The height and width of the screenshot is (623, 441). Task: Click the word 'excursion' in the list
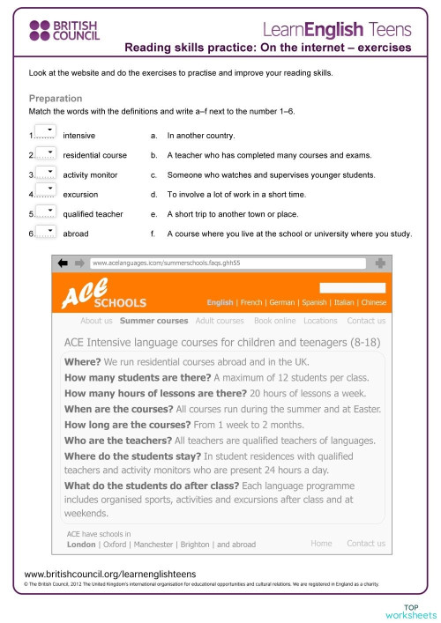pos(81,194)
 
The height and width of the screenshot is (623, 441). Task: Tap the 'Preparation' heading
pos(56,99)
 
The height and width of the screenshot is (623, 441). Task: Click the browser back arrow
pos(64,263)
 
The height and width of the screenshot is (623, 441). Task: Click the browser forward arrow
pos(79,263)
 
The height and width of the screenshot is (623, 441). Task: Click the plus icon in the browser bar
pos(379,263)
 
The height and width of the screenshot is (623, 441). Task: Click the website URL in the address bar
pos(166,263)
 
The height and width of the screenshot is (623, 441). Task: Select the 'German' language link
pos(283,302)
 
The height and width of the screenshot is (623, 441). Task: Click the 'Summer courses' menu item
pos(153,321)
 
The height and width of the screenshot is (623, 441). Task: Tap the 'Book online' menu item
pos(274,321)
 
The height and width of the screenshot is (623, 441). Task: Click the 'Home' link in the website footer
pos(321,544)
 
